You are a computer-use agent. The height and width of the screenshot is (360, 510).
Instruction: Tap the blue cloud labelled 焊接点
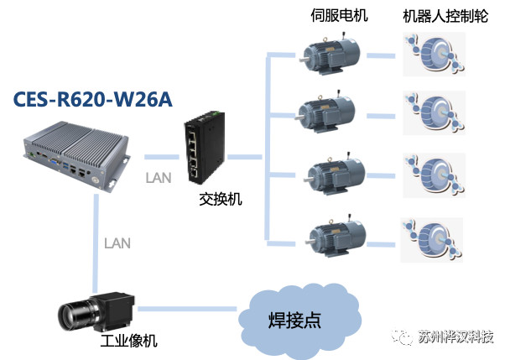pos(299,320)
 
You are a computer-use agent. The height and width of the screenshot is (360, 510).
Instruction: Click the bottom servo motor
pos(335,234)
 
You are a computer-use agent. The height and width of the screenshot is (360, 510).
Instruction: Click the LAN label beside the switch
pos(158,178)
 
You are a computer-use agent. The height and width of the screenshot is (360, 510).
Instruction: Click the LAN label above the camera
pos(117,243)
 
